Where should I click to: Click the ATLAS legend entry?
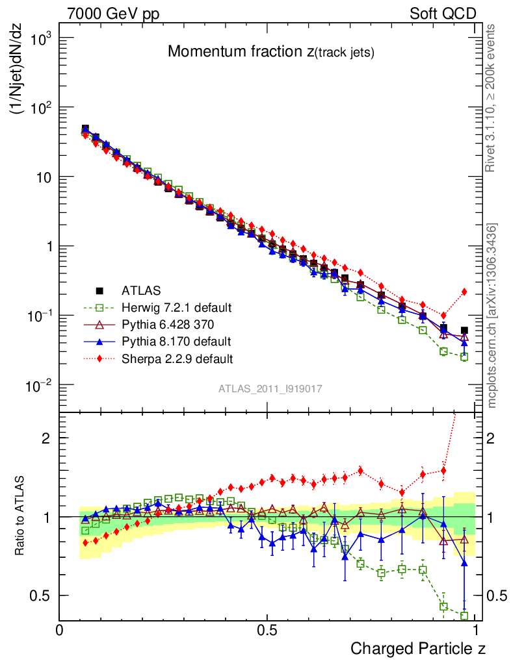coord(141,290)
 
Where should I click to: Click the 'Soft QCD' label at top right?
coord(443,14)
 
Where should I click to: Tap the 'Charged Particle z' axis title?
coord(418,648)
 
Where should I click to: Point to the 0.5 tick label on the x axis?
coord(267,631)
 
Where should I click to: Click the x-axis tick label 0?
coord(60,631)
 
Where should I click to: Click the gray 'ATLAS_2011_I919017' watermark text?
coord(270,388)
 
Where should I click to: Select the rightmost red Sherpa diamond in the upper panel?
coord(464,292)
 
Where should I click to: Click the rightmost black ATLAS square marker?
coord(464,331)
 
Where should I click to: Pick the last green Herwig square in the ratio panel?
coord(464,616)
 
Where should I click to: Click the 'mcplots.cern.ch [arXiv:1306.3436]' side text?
coord(493,316)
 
